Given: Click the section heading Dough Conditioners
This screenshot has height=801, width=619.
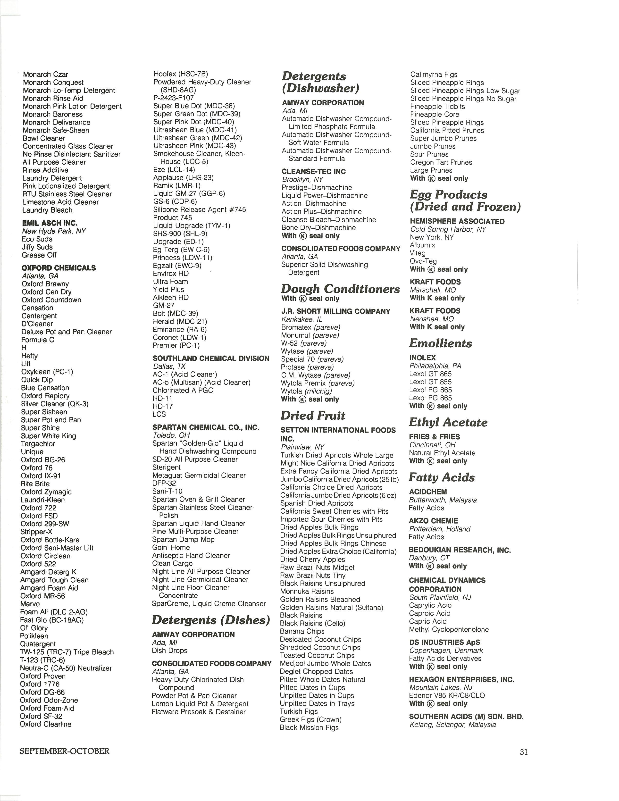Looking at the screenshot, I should coord(340,289).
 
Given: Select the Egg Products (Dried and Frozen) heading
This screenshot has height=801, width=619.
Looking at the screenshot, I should coord(465,201).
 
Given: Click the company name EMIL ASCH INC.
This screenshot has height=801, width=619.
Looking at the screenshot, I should coord(50,223).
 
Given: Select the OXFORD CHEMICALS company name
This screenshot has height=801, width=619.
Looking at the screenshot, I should coord(59,268).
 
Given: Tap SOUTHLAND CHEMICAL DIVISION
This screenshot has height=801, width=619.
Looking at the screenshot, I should coord(211,358).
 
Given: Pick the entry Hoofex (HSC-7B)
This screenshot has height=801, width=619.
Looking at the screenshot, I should coord(181,74).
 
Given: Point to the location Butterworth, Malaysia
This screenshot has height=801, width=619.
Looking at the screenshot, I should coord(443,500).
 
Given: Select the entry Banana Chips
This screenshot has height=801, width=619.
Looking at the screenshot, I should coord(302,631).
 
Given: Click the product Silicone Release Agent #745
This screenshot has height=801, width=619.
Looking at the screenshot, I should coord(200,209).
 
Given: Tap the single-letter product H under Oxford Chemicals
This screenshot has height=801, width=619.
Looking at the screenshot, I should coord(24,348).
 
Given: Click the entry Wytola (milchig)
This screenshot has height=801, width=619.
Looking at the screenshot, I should coord(306,391).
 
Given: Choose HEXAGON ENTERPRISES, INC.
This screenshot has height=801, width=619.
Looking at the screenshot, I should coord(461,679).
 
